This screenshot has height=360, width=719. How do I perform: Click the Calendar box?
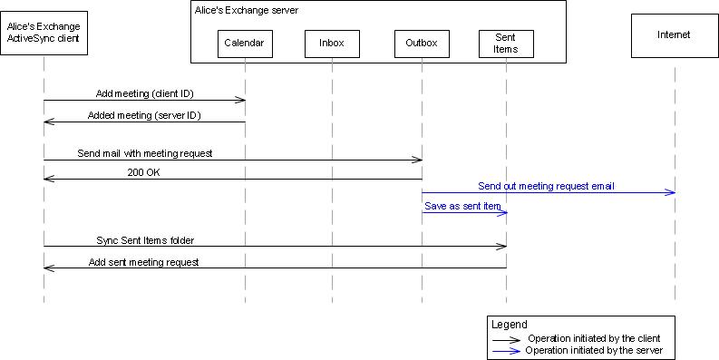click(245, 44)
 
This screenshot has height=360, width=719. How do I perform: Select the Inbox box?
click(332, 44)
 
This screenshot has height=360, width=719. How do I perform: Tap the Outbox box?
click(422, 44)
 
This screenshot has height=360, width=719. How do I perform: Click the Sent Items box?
click(506, 44)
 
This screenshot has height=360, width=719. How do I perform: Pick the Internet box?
click(674, 35)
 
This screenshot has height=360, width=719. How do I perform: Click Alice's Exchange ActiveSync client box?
click(44, 35)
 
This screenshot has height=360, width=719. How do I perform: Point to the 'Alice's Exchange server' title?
click(247, 10)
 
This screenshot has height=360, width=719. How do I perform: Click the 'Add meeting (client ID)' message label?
click(144, 93)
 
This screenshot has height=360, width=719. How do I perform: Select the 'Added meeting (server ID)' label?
click(144, 115)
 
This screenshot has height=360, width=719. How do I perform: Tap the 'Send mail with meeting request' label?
click(145, 153)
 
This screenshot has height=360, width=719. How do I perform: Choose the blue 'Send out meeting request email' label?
click(546, 186)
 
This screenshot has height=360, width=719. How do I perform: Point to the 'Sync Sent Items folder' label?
click(145, 240)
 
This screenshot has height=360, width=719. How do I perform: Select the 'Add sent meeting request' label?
click(144, 262)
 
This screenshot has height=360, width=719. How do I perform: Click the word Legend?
click(509, 324)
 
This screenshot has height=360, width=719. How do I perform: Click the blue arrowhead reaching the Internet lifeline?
click(670, 192)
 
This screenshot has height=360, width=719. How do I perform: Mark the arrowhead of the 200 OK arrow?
click(48, 179)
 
